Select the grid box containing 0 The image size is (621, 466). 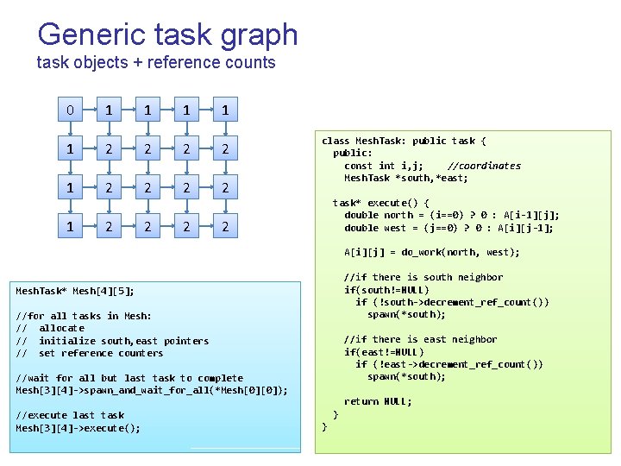(x=69, y=110)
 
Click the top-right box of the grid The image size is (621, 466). (x=225, y=110)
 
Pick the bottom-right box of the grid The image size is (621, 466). (x=225, y=227)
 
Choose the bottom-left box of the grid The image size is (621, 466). (x=69, y=227)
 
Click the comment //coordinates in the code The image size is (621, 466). (x=484, y=166)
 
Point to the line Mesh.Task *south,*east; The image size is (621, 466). (x=406, y=178)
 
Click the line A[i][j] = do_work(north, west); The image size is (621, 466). (x=432, y=253)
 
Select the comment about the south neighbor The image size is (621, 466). (x=423, y=277)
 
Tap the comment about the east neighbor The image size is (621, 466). (x=420, y=339)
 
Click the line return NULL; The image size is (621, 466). (x=378, y=401)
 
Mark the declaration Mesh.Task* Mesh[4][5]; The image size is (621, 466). (x=75, y=291)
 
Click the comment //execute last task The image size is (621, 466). (x=70, y=415)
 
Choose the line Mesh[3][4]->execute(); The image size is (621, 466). (x=78, y=428)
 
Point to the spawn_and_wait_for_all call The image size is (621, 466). (x=152, y=391)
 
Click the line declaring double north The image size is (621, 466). (x=452, y=216)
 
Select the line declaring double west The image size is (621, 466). (x=448, y=228)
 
